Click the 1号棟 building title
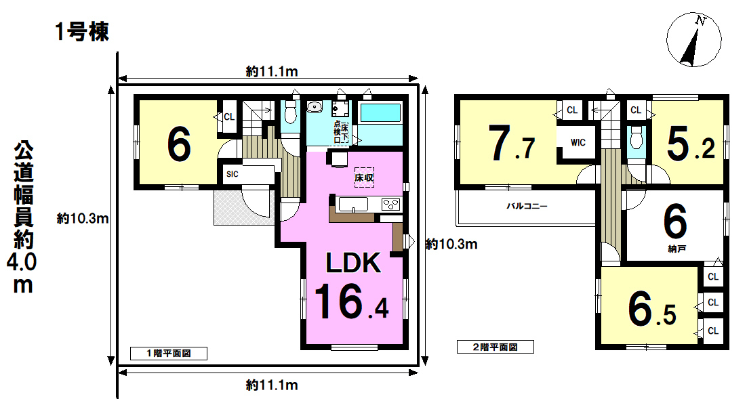pos(82,32)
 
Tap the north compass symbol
pos(693,40)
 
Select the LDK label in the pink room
pos(353,263)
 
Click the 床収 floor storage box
pos(364,177)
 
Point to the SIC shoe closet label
pos(233,174)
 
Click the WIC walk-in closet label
pos(578,142)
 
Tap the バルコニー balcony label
pos(527,207)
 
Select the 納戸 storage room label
pos(677,249)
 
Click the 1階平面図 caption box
pos(169,353)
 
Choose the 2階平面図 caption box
pos(495,347)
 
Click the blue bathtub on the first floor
pos(380,113)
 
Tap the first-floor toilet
pos(289,112)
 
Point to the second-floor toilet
pos(636,138)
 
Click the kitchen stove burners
pos(390,205)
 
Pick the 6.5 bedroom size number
pos(651,309)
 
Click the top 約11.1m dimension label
pos(272,71)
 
